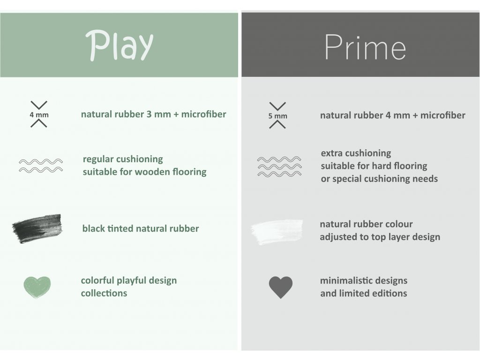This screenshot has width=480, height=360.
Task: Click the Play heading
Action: pyautogui.click(x=120, y=45)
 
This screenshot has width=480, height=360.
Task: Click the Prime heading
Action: pyautogui.click(x=365, y=47)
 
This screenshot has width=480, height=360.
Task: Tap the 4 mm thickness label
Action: pyautogui.click(x=39, y=115)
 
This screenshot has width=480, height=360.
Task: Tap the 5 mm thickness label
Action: pyautogui.click(x=277, y=116)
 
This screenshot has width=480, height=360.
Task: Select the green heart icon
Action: pyautogui.click(x=37, y=287)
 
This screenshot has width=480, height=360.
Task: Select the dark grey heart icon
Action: pyautogui.click(x=281, y=287)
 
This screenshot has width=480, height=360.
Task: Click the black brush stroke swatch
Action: pyautogui.click(x=37, y=228)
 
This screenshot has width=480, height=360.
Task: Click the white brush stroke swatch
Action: pyautogui.click(x=277, y=232)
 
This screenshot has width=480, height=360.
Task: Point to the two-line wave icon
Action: pyautogui.click(x=41, y=165)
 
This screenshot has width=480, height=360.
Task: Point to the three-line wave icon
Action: pyautogui.click(x=279, y=166)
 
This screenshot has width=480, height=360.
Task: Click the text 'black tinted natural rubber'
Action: pyautogui.click(x=141, y=228)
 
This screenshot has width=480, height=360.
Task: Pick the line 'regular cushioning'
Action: pyautogui.click(x=123, y=159)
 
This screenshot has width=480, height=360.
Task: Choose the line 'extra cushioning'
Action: pyautogui.click(x=356, y=153)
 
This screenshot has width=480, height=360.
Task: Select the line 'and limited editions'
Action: pyautogui.click(x=364, y=293)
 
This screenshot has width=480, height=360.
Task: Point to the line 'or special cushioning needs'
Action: pyautogui.click(x=379, y=179)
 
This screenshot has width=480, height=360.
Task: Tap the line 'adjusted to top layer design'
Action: pyautogui.click(x=380, y=237)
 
